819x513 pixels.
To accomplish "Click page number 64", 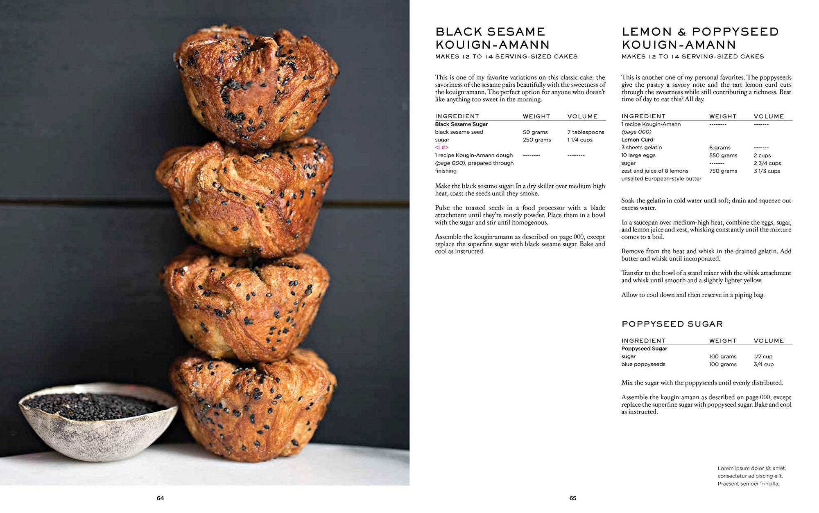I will [x=160, y=498].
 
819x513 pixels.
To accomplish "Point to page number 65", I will [x=572, y=498].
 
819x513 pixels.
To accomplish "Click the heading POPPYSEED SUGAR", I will [x=672, y=324].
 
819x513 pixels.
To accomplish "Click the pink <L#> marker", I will [x=441, y=147].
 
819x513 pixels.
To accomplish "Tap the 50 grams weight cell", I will [x=535, y=132].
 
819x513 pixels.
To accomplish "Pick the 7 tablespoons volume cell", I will [x=586, y=132].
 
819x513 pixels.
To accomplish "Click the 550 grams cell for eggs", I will [x=723, y=155].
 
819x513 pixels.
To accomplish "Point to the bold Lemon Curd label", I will [x=637, y=139].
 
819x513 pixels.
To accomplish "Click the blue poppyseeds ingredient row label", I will [x=643, y=364].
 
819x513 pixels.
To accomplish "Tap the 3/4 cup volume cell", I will [x=763, y=364].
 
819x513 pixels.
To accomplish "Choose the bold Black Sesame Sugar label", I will [x=461, y=124].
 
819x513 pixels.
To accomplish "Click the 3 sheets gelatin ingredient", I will [x=641, y=147].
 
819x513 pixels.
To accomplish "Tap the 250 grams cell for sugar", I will [x=536, y=140].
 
